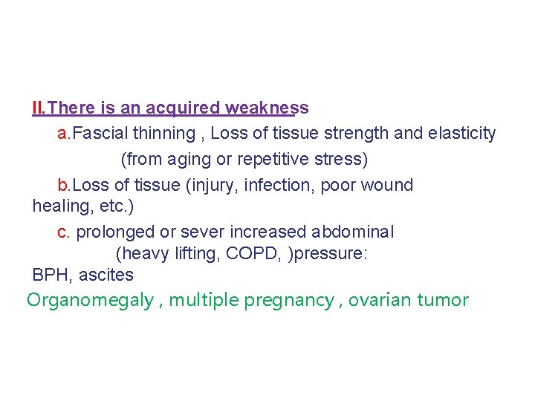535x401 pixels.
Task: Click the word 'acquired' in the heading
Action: pos(178,108)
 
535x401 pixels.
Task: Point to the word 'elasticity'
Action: pos(462,134)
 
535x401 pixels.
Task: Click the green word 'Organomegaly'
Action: pos(90,300)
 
